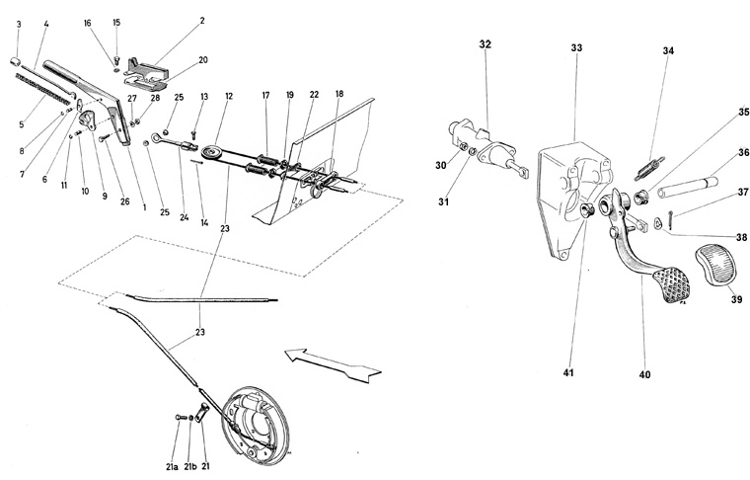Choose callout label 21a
(173, 466)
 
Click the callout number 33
(577, 46)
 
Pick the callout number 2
(201, 20)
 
